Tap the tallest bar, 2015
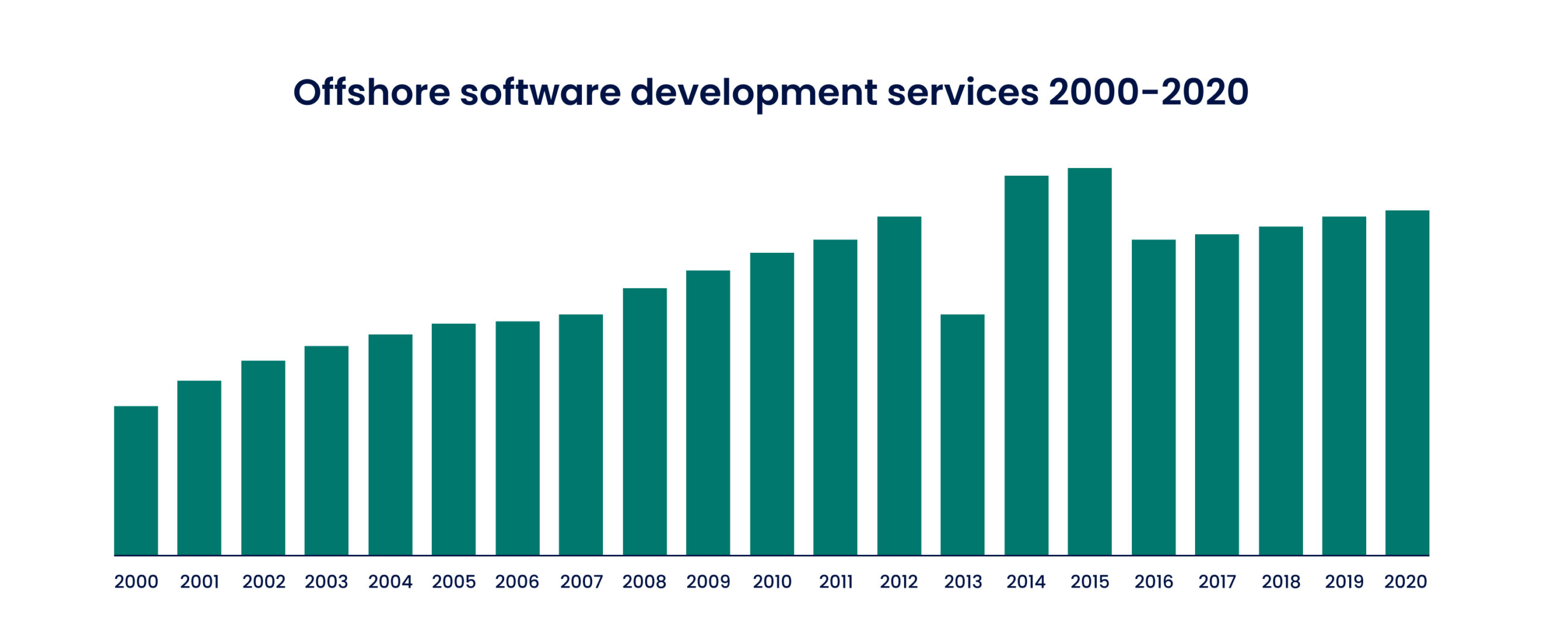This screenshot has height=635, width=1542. coord(1089,361)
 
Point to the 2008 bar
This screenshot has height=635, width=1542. coord(645,421)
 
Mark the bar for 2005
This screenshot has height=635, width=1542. coord(454,439)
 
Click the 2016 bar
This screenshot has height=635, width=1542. coord(1153,397)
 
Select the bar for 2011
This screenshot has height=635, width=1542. coord(835,397)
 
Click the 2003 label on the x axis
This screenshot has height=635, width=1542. coord(326,582)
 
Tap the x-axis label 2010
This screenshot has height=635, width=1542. coord(772,582)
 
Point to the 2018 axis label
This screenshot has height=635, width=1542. coord(1281,582)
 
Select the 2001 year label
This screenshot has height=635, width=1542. coord(199,582)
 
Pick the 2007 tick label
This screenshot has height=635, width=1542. coord(581,582)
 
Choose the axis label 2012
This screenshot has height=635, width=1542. coord(899,582)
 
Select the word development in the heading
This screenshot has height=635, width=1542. coord(754,93)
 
